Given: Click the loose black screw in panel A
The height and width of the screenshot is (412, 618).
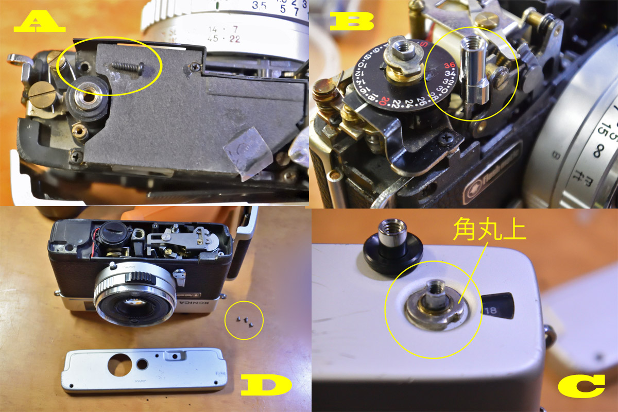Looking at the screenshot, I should click(126, 65).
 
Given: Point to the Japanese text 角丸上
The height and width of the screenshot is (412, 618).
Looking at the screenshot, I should click(489, 230).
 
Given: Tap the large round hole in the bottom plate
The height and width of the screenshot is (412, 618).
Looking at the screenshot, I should click(119, 366).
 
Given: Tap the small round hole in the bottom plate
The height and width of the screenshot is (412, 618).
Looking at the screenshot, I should click(142, 365).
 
